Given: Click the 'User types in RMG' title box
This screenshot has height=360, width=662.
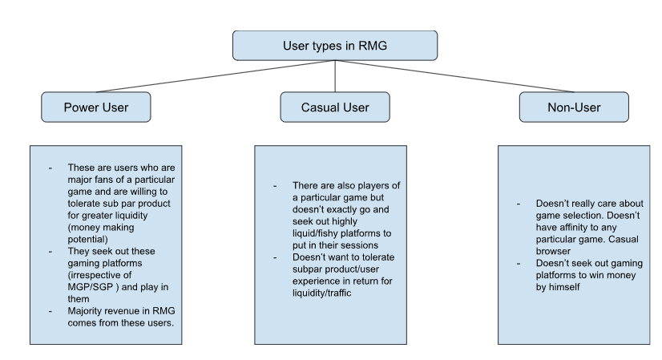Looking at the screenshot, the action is [335, 46].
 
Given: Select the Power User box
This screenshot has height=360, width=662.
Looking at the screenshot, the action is [96, 107].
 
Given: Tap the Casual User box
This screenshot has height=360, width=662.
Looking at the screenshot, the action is [335, 107].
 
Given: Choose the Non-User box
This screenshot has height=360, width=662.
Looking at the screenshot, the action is [574, 107].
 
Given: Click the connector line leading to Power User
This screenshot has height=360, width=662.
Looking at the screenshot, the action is [216, 76].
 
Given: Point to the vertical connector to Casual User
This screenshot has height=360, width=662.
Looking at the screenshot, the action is [335, 76].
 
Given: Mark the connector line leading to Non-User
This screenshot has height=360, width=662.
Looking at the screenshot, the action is [454, 76].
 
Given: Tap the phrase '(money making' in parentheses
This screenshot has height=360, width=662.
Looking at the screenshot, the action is [101, 228].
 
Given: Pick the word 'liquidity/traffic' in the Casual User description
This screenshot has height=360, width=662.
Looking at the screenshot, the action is [321, 293].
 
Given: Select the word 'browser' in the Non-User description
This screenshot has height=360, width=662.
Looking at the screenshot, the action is [553, 251].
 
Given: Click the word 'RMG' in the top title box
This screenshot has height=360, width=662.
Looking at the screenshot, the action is [373, 46].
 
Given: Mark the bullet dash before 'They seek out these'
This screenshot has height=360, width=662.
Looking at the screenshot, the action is [50, 252].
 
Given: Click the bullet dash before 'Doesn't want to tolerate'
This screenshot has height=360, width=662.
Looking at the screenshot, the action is [275, 257].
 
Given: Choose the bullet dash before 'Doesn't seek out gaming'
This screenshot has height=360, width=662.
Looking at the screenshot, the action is [519, 263].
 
